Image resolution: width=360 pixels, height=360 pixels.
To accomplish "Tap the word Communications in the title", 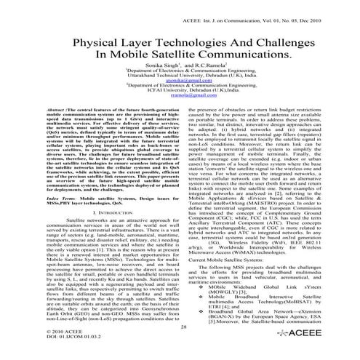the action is coord(236,58).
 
